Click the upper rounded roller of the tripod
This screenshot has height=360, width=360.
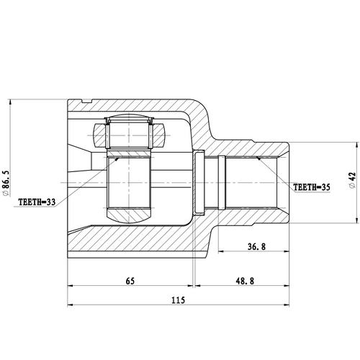pyautogui.click(x=129, y=120)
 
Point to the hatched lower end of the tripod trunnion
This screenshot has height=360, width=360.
pyautogui.click(x=129, y=213)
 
